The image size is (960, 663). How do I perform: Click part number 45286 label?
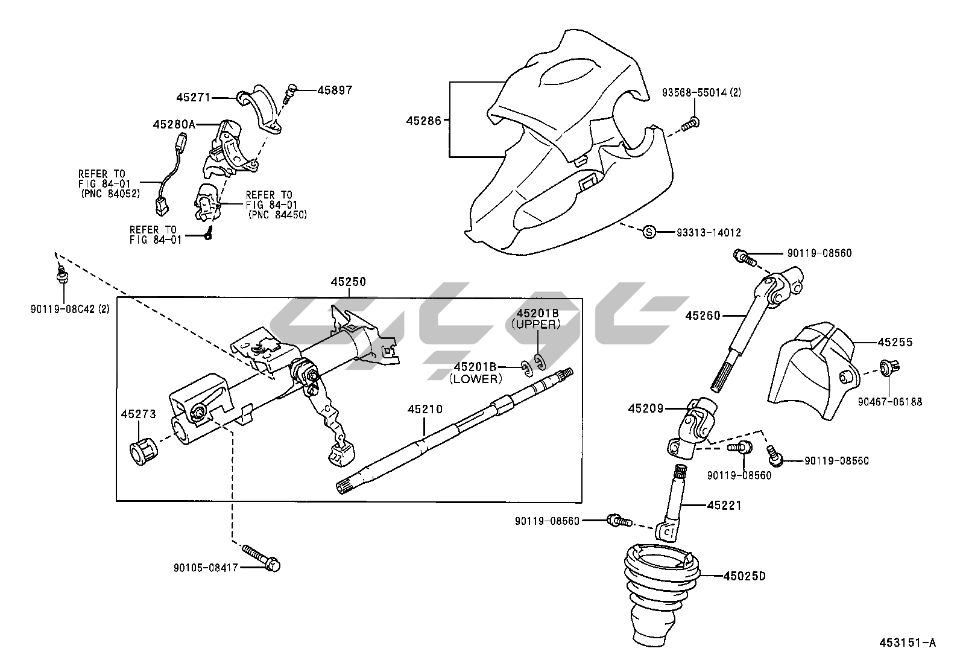[424, 121]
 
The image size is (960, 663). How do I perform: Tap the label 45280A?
[174, 124]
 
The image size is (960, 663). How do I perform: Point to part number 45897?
[335, 90]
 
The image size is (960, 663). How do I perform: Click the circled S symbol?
[649, 232]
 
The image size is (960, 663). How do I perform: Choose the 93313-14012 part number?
[709, 232]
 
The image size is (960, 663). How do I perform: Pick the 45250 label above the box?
[348, 282]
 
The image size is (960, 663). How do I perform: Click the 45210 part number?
[425, 409]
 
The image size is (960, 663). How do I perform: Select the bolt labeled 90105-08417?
[262, 559]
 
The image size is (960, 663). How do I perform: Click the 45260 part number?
[703, 315]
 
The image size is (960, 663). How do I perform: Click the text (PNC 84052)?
[109, 194]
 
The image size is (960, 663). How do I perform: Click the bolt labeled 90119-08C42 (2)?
[61, 277]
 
